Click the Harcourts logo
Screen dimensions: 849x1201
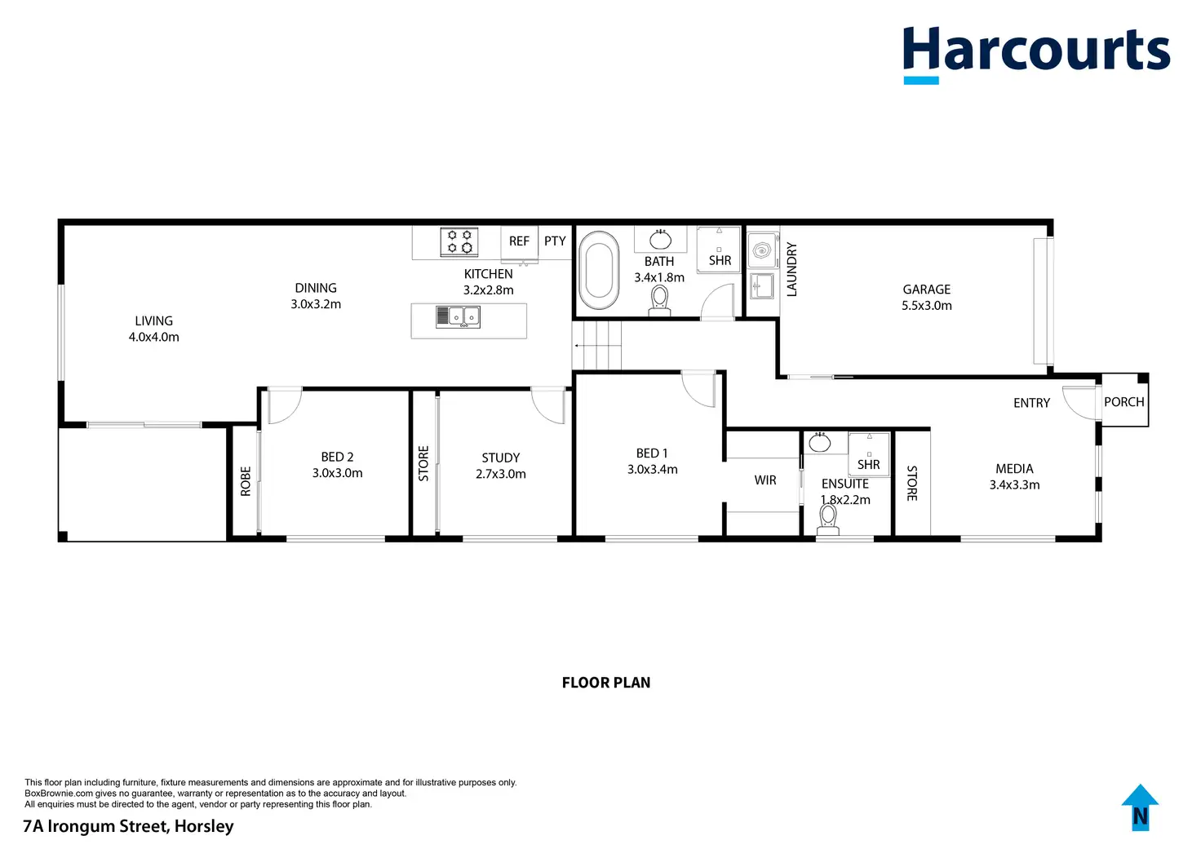coord(1035,54)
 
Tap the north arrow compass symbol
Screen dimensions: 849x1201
coord(1140,807)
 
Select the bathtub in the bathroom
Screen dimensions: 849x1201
coord(598,269)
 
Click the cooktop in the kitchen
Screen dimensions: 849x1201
coord(459,241)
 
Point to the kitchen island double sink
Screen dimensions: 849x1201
coord(458,316)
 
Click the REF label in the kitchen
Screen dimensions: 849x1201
coord(519,241)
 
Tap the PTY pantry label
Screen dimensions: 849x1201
coord(555,241)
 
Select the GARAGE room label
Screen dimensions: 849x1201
coord(926,290)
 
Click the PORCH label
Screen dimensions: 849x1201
coord(1123,402)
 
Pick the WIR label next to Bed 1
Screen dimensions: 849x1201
coord(765,480)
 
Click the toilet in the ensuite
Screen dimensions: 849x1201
coord(828,518)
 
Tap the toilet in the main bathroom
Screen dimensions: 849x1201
coord(659,300)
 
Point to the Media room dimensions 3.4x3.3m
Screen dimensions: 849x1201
coord(1014,484)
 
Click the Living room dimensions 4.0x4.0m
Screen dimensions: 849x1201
coord(153,337)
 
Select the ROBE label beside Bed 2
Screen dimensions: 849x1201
coord(246,481)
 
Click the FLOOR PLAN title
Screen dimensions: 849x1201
coord(606,683)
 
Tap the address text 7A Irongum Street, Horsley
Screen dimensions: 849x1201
coord(128,826)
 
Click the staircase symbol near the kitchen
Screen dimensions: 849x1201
coord(597,345)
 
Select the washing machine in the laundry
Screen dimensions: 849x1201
coord(762,249)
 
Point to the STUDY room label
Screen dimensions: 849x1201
coord(500,458)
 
